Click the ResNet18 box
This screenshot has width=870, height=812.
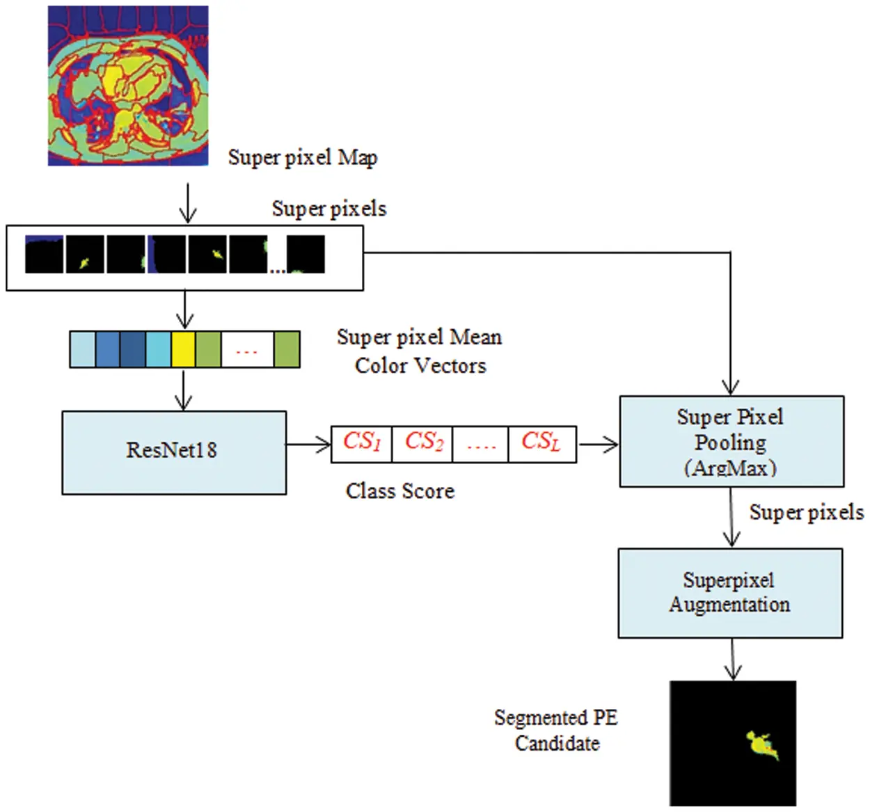pos(174,452)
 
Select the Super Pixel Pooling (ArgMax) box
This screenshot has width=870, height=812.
pos(731,441)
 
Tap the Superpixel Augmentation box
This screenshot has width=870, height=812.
pos(730,593)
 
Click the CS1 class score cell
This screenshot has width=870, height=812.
pos(361,444)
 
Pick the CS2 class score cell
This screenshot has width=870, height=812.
pos(422,444)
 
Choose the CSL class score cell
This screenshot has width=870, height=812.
pos(541,444)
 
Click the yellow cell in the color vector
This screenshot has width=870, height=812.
pos(183,349)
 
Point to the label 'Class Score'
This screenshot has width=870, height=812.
pos(400,491)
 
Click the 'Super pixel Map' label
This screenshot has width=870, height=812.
pos(303,158)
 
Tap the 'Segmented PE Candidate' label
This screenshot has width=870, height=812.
pos(556,730)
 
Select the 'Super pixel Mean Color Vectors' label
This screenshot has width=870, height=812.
pos(420,351)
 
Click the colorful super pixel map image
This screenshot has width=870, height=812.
pos(128,86)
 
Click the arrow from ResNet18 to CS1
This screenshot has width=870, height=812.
pos(308,444)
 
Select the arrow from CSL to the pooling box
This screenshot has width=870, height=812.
pos(598,444)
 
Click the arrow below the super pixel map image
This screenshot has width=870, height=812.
pos(187,202)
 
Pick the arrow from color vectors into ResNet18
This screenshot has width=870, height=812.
pos(183,390)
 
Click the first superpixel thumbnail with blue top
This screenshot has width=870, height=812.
pos(44,254)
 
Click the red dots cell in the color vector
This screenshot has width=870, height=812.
pos(247,349)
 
